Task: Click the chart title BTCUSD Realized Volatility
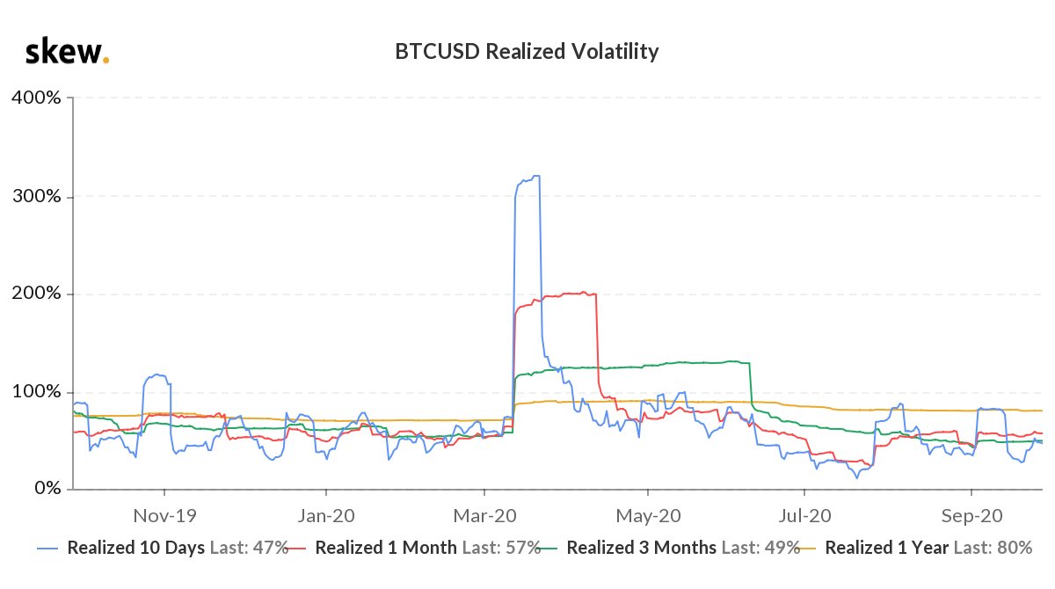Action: coord(527,52)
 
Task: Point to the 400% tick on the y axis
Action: coord(36,98)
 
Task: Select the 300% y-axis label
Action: coord(36,196)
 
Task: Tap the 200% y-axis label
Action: coord(36,294)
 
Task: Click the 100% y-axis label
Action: coord(36,391)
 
